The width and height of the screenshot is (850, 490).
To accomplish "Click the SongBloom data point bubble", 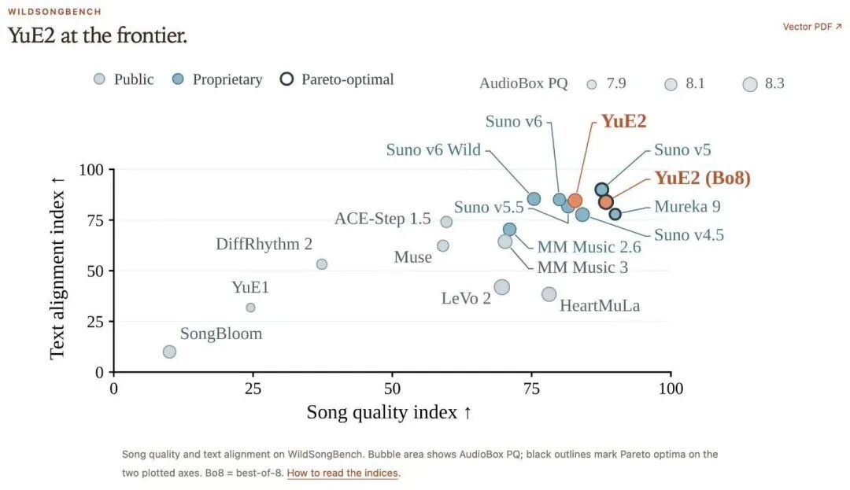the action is [169, 352].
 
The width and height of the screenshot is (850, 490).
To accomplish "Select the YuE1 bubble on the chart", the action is [250, 308].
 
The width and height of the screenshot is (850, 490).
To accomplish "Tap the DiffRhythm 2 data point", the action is [321, 264].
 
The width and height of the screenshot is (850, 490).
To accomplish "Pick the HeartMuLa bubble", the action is [549, 294].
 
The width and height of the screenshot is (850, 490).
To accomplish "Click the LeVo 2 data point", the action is [502, 287].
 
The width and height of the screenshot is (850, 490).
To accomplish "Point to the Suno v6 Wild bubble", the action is [534, 199].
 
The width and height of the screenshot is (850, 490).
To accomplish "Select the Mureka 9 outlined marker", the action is [615, 214].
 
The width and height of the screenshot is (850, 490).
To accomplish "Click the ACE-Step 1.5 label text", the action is [382, 219].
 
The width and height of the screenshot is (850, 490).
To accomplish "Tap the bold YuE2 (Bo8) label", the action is [703, 178].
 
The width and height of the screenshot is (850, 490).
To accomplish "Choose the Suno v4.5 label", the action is [689, 235].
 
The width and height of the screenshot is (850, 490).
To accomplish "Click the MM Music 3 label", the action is [582, 267].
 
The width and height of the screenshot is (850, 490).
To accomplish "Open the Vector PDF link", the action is [812, 27].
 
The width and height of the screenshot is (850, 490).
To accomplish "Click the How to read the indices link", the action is [342, 473].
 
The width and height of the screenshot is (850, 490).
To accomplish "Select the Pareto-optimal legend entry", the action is [337, 79].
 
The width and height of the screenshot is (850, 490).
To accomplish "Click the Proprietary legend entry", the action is [217, 79].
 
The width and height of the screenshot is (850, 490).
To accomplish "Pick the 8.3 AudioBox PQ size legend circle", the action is [750, 84].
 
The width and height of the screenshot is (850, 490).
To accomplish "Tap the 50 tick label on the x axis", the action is [393, 389].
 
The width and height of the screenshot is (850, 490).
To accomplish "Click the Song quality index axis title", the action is [390, 413].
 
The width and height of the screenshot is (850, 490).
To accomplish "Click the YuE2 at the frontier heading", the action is [98, 35].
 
